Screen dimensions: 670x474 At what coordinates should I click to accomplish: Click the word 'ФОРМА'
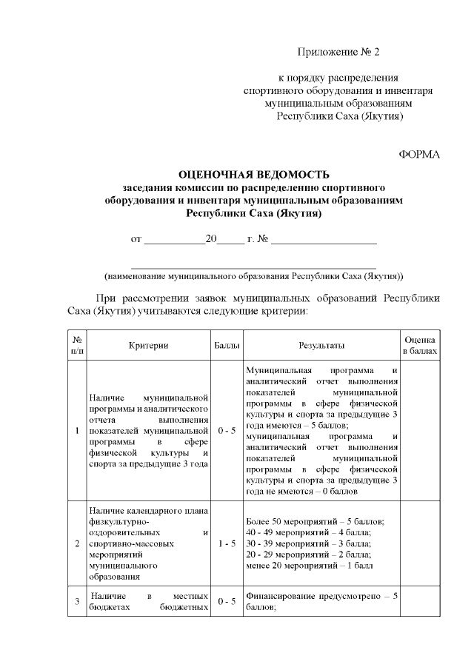point(419,154)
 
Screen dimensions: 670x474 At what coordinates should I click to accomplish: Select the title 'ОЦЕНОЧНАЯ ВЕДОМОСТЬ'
point(254,175)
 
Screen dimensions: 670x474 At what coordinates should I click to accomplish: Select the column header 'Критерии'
point(148,346)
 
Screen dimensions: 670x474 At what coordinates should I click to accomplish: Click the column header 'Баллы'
point(227,346)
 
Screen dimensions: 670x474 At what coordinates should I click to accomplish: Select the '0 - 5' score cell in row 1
point(227,430)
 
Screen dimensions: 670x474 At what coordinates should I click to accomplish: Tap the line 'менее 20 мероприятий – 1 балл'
point(309,566)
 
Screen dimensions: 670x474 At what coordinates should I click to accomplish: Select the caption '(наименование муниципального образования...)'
point(253,275)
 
